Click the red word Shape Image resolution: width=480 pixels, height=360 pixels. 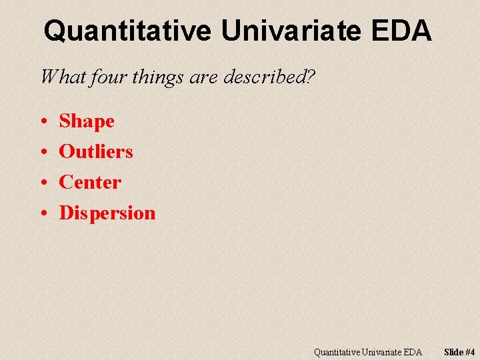(87, 121)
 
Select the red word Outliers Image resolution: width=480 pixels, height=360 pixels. (96, 151)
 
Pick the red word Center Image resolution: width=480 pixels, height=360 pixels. (90, 182)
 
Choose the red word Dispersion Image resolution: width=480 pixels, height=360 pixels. (107, 213)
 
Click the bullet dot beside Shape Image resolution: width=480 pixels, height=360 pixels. (43, 122)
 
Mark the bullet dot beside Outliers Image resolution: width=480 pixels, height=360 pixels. (43, 153)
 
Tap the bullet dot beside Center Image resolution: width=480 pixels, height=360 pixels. (43, 183)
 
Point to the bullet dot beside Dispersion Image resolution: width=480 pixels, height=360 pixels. (43, 213)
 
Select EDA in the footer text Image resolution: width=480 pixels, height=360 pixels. (411, 352)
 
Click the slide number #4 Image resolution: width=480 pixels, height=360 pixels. (470, 352)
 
